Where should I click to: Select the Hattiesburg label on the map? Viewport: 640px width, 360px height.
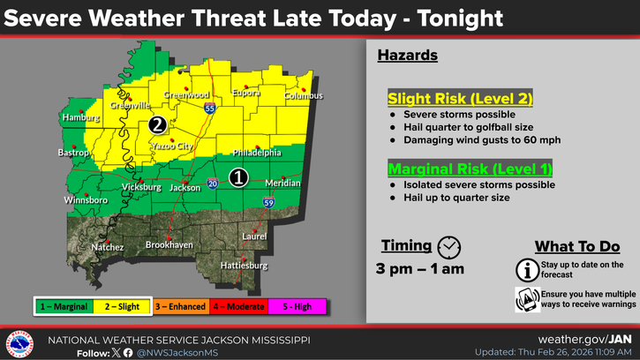(x=244, y=265)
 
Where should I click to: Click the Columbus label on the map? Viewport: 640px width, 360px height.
(x=304, y=95)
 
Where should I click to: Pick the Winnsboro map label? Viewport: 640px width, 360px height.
(x=87, y=200)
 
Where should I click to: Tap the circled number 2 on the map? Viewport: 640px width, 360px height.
(x=157, y=124)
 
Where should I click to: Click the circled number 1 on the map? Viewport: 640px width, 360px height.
(x=237, y=177)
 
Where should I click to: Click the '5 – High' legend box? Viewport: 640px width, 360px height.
(x=297, y=305)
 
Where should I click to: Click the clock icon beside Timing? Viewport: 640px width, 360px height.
(x=449, y=246)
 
